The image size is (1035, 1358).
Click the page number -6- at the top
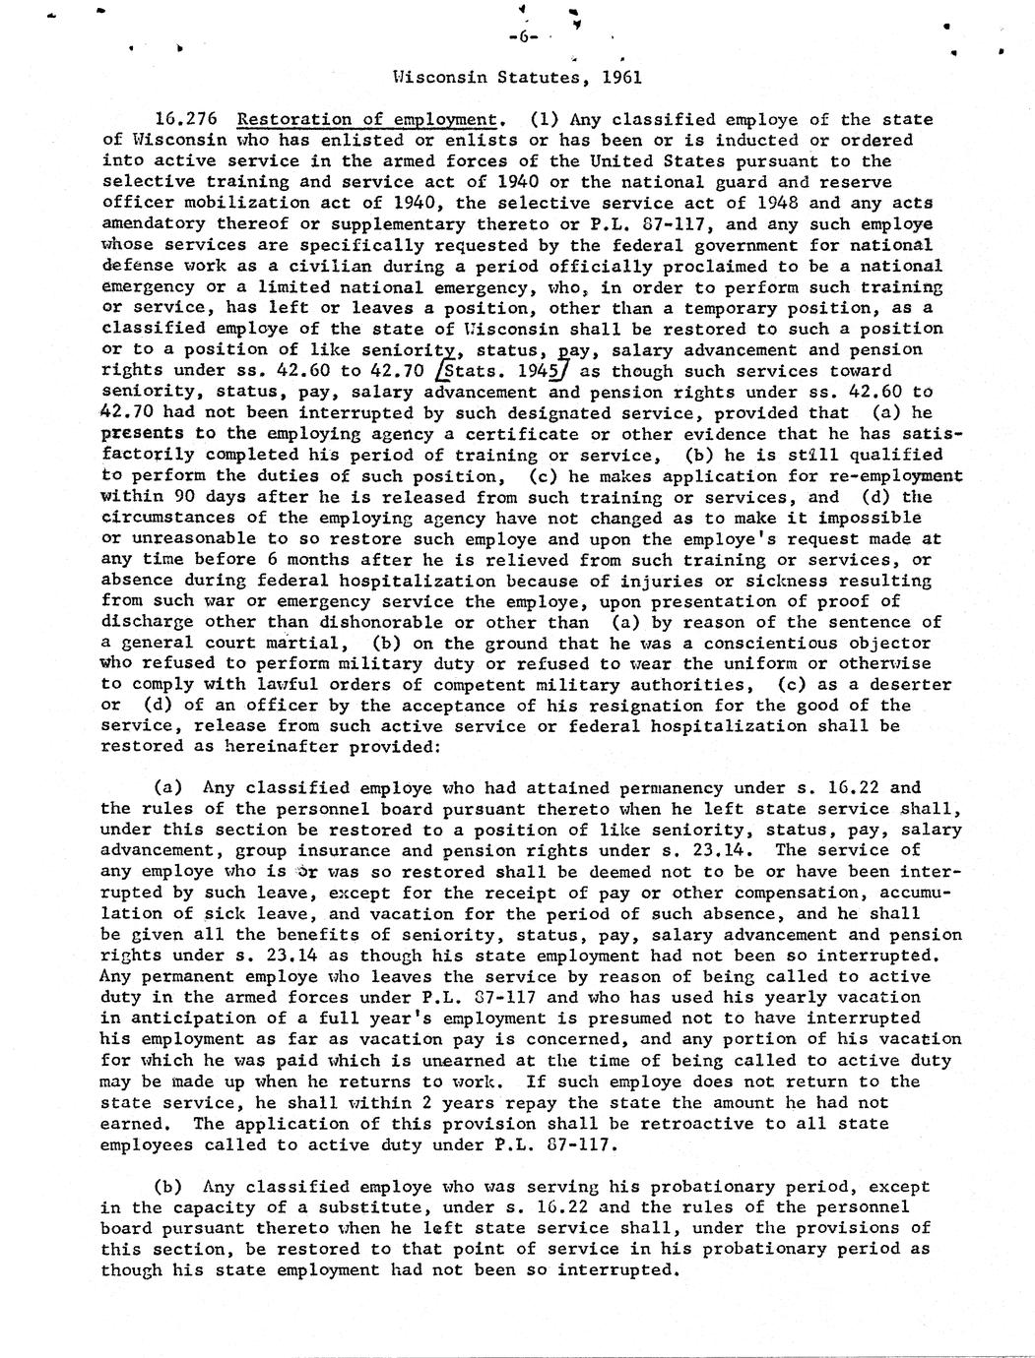524,37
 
